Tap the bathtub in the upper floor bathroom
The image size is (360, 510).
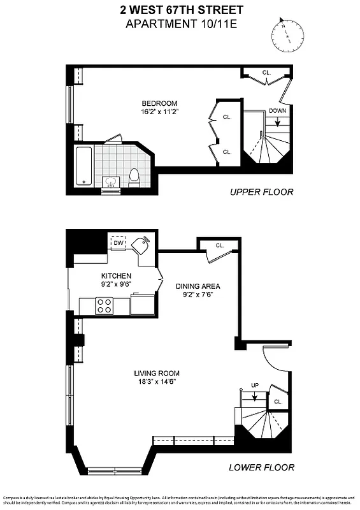click(84, 165)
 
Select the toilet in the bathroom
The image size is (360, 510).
click(134, 175)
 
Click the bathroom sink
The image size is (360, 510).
click(111, 182)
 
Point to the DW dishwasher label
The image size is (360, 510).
click(118, 243)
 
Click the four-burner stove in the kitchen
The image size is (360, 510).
click(104, 305)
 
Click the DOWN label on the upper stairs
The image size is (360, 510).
click(277, 110)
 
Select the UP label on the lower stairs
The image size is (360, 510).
click(255, 385)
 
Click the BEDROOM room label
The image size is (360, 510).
click(159, 103)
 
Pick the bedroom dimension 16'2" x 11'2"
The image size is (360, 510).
click(159, 112)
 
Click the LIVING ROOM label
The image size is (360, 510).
click(157, 373)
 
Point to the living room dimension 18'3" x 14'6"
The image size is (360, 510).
click(157, 381)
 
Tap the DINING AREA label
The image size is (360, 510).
click(198, 286)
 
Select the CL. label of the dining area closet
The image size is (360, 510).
click(220, 245)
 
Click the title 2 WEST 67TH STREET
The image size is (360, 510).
click(181, 10)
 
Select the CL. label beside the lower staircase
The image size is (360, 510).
click(278, 402)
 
